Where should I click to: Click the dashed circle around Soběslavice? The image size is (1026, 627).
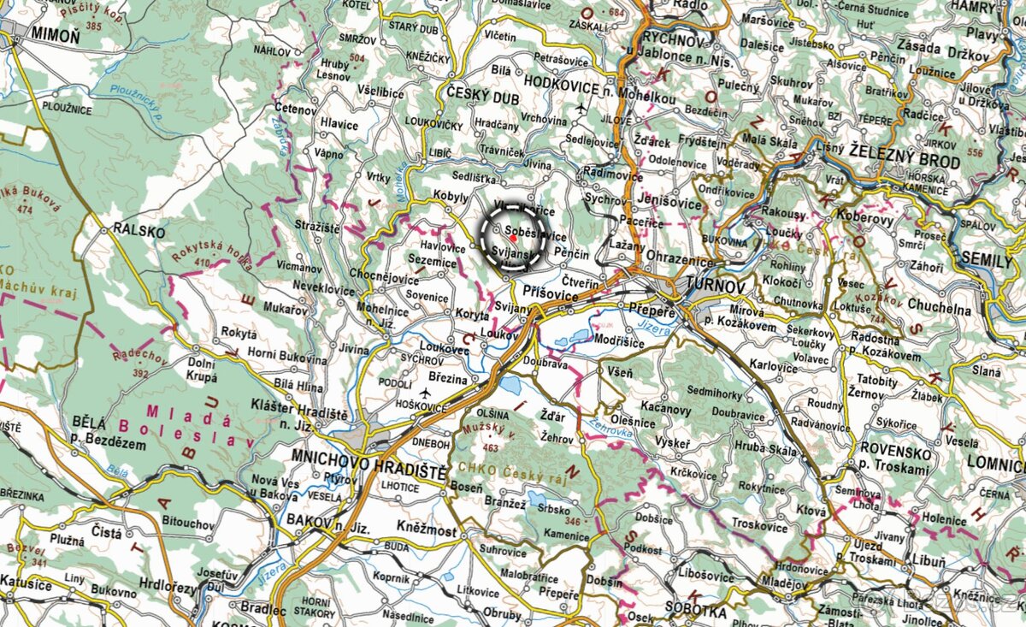pos(513,237)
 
